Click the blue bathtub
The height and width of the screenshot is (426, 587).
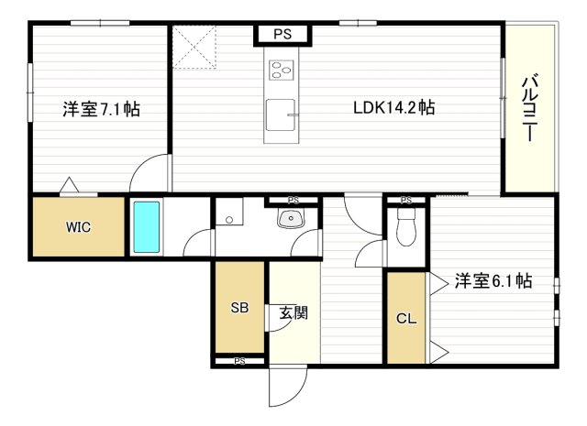coord(147,226)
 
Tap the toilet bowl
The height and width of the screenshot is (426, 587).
coord(406,227)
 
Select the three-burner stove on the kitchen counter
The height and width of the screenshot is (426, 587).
coord(281,70)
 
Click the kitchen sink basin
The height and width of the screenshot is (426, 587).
coord(281,115)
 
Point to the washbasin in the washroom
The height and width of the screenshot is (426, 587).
coord(290,218)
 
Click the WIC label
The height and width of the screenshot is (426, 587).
coord(78,227)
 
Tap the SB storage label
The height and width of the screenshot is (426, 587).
coord(239,308)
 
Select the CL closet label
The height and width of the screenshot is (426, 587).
coord(406,319)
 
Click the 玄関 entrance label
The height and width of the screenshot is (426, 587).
coord(293,312)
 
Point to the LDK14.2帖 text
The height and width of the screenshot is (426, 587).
coord(394,108)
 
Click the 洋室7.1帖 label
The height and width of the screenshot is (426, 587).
coord(102,109)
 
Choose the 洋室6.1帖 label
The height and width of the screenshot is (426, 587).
coord(493,280)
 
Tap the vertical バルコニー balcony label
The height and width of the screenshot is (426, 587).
coord(530,108)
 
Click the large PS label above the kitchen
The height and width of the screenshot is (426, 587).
coord(282,35)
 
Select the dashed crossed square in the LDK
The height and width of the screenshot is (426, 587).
coord(194,47)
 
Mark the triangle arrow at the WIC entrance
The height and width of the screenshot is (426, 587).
coord(70,185)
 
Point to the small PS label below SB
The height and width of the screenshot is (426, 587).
coord(239,361)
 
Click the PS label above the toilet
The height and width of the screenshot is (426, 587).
coord(406,201)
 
